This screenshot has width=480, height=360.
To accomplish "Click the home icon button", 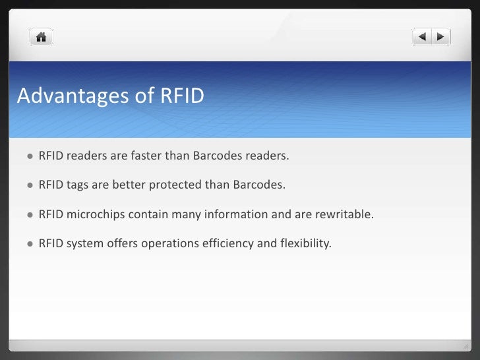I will (x=41, y=37).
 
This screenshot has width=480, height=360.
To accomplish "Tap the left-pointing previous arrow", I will (x=423, y=37).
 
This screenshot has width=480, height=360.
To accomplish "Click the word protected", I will (x=177, y=185).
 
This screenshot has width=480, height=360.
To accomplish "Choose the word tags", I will (x=77, y=185).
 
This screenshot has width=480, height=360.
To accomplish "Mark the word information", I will (x=232, y=214).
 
